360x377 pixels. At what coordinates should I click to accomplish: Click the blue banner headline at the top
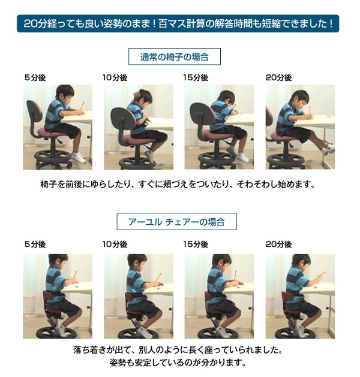pos(178,23)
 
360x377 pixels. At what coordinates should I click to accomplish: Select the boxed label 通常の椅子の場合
pos(175,57)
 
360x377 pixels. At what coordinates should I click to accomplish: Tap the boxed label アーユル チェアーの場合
pos(176,221)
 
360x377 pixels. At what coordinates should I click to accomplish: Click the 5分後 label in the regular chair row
pos(35,78)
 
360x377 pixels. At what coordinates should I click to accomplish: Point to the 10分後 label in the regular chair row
pos(115,78)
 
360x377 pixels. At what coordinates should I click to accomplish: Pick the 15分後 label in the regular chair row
pos(196,78)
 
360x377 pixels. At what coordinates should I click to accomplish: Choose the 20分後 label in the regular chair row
pos(278,78)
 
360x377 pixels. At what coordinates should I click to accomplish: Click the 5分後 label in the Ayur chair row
pos(35,245)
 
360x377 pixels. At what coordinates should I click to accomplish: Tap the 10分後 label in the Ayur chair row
pos(115,245)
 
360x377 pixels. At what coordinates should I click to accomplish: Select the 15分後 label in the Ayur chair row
pos(196,245)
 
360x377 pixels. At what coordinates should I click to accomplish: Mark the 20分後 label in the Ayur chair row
pos(278,245)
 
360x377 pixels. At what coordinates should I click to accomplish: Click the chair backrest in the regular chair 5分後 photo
pos(34,111)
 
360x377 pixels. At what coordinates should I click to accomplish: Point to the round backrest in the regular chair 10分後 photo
pos(123,118)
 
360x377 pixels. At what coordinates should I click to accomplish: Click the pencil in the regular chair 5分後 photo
pos(82,106)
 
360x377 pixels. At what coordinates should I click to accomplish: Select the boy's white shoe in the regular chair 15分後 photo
pos(242,157)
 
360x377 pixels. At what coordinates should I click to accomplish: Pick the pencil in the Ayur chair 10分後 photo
pos(158,278)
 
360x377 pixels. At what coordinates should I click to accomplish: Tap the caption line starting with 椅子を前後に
pos(178,185)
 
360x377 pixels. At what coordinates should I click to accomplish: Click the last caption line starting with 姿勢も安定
pos(178,363)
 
